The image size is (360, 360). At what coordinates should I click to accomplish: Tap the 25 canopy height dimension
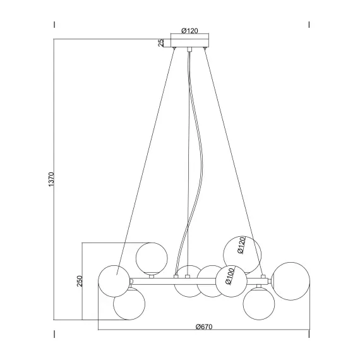point(162,43)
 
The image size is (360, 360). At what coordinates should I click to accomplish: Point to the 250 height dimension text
point(80,281)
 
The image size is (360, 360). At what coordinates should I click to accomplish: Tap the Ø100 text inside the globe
point(231,278)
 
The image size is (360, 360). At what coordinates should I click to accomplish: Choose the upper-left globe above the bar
point(152,257)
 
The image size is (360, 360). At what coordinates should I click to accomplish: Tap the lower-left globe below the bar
point(128,303)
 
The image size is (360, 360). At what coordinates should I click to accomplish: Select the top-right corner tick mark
point(309,25)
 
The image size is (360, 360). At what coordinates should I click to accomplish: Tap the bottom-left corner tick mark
point(54,333)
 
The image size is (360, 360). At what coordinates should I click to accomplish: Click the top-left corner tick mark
point(54,25)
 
